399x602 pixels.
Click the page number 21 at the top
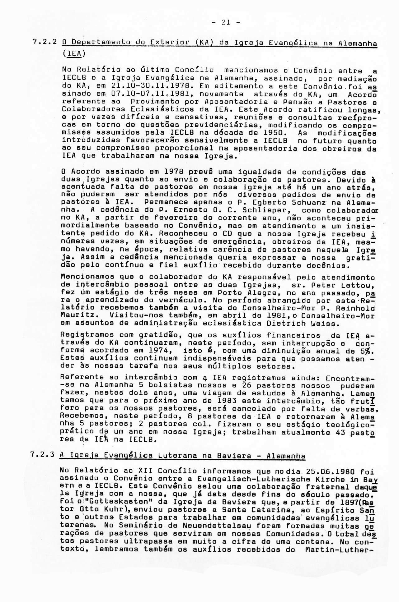(226, 22)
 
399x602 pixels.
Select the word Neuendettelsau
(219, 534)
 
